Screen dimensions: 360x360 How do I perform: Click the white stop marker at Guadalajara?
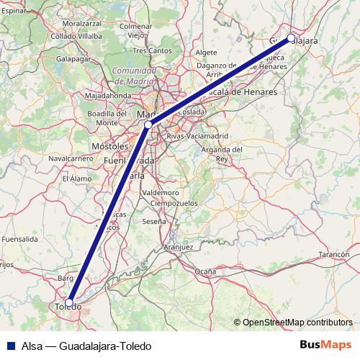pos(291,38)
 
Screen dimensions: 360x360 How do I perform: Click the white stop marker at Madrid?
pos(148,125)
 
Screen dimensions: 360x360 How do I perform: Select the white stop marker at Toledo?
pos(70,302)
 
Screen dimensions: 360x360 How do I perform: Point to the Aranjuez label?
pos(179,247)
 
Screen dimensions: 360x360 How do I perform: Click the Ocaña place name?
pos(205,271)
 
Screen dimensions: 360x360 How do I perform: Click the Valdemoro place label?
pos(161,193)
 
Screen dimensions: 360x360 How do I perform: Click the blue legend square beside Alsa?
pos(10,346)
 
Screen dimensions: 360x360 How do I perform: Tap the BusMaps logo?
pos(325,345)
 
